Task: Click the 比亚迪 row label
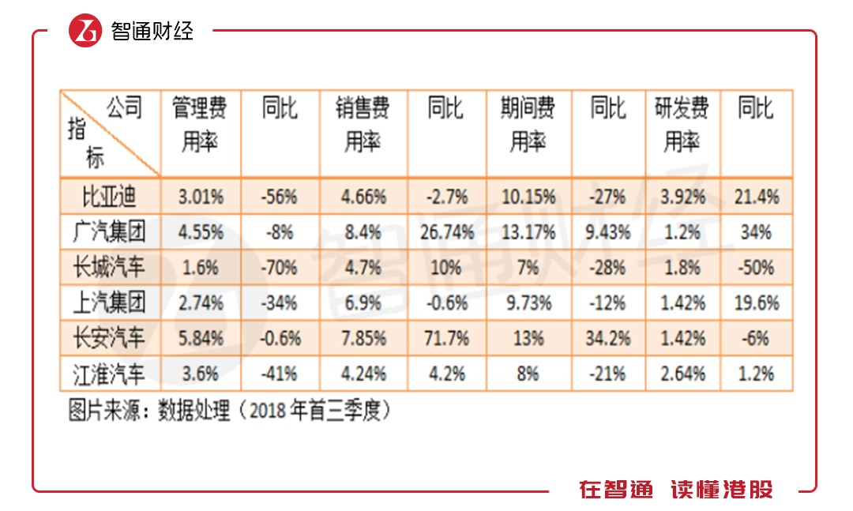110,197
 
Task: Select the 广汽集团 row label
110,232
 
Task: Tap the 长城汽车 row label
110,268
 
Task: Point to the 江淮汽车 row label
110,373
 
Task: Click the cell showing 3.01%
200,197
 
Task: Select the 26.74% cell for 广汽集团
446,232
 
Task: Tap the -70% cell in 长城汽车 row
280,268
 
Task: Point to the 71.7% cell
446,338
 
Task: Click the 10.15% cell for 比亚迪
528,197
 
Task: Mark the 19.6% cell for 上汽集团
756,302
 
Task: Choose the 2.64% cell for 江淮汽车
682,373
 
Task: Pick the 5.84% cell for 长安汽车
200,338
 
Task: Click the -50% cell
756,268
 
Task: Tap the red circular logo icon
85,31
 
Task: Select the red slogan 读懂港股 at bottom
722,490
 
